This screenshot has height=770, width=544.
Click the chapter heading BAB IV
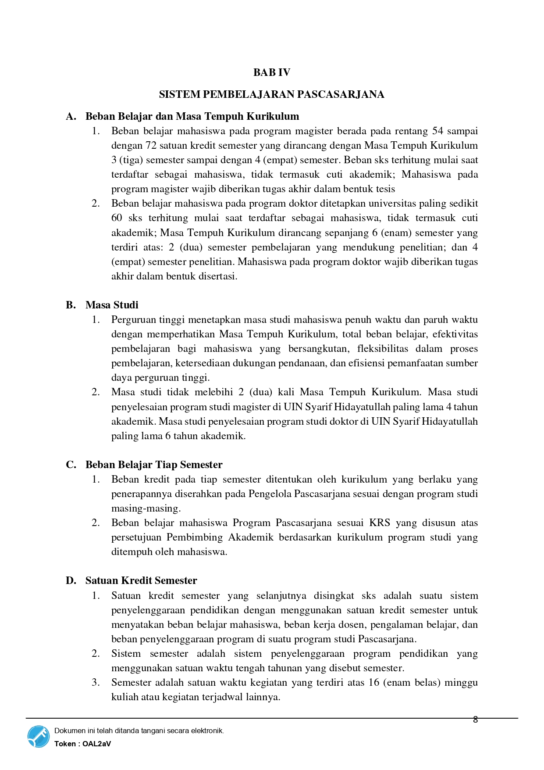(271, 72)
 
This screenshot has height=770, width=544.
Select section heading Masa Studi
(112, 305)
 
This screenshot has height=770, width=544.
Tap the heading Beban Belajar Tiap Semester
(154, 465)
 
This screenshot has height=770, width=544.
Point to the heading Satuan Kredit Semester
(141, 580)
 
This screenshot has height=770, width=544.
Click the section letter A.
(71, 116)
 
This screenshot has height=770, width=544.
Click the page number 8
(475, 720)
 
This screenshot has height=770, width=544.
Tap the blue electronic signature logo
(39, 737)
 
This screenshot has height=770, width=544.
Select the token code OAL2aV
(96, 744)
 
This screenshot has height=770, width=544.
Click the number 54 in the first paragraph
(437, 131)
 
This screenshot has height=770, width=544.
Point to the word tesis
(385, 189)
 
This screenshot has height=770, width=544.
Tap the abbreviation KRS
(380, 523)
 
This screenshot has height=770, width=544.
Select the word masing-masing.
(146, 509)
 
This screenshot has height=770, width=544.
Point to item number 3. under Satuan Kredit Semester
(96, 683)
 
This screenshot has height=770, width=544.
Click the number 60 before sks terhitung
(117, 218)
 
